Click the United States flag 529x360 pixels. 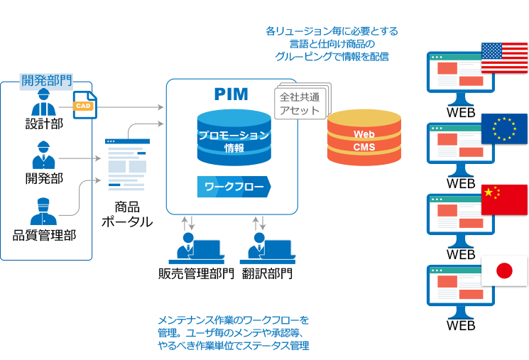504,58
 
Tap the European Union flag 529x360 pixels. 504,129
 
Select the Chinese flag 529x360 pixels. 504,200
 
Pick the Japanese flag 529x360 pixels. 504,271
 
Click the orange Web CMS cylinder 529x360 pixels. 364,140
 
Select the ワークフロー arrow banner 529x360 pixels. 234,187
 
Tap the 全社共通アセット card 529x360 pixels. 300,104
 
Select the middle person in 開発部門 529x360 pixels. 43,156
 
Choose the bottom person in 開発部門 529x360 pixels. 43,211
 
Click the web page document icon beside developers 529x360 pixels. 128,166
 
